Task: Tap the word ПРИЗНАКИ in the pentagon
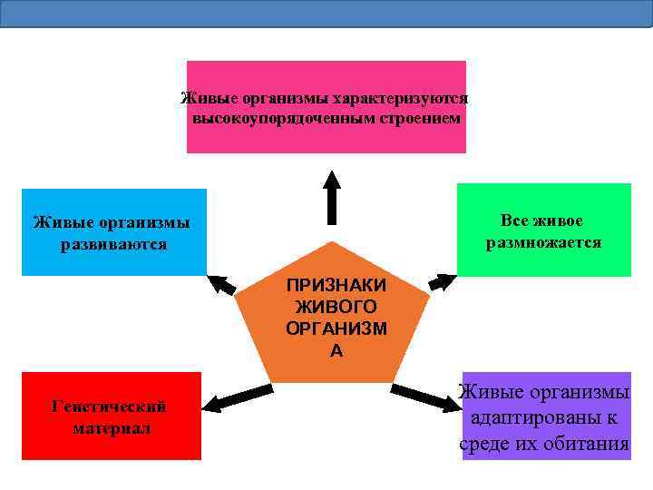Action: tap(336, 285)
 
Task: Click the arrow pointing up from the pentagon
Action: tap(333, 197)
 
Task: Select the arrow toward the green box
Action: tap(442, 281)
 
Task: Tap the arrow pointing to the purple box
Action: tap(425, 398)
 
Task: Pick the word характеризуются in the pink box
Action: tap(400, 98)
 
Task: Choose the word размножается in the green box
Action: tap(543, 242)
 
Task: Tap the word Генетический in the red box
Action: tap(109, 406)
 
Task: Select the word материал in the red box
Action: tap(112, 427)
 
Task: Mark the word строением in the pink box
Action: tap(421, 119)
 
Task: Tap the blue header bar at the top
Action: tap(326, 13)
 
